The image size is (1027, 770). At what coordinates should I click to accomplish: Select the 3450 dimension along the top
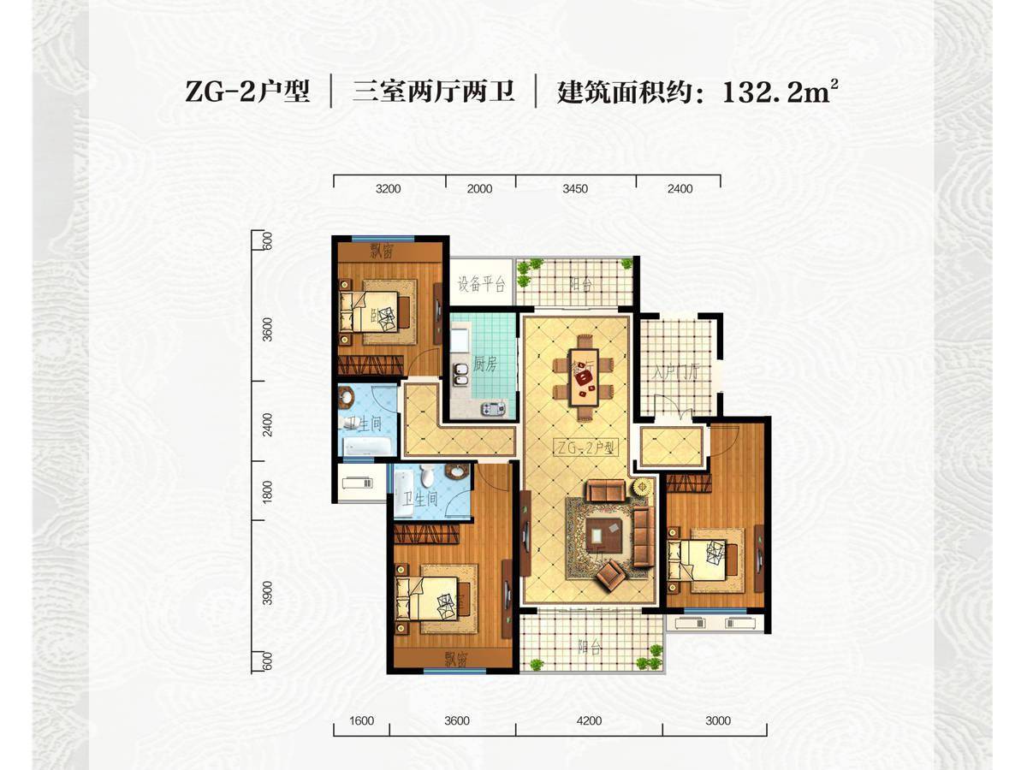tap(575, 188)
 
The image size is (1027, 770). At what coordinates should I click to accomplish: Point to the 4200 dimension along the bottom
tap(589, 720)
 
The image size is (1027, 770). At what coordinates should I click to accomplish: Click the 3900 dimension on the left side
tap(267, 593)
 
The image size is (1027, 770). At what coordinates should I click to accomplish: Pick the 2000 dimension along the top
tap(480, 188)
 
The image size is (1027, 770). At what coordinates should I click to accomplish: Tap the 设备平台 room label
tap(481, 285)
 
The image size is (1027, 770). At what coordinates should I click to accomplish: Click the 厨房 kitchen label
tap(485, 364)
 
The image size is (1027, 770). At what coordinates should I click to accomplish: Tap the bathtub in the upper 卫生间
tap(366, 447)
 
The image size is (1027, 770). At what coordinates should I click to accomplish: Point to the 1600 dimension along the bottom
tap(362, 720)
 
